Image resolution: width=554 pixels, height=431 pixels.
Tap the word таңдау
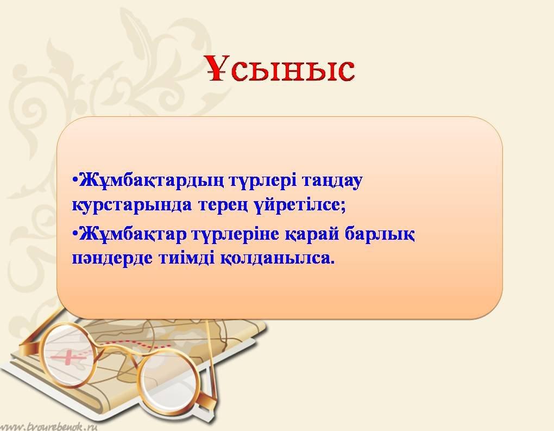(x=332, y=182)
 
